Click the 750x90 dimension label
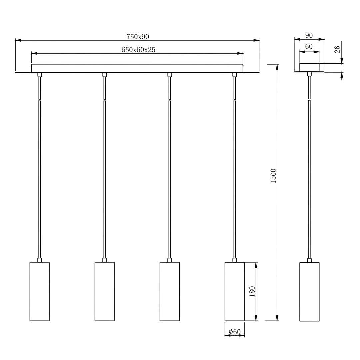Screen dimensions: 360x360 tap(138, 37)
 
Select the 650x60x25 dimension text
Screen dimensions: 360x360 tap(138, 50)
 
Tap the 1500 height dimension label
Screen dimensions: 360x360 tap(273, 176)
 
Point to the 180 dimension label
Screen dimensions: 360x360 tap(252, 291)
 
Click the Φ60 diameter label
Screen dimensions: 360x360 tap(235, 332)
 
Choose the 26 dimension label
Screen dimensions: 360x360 tap(337, 49)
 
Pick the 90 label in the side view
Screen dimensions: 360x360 tap(309, 35)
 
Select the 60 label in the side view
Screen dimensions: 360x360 tap(309, 47)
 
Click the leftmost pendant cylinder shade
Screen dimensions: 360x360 tap(39, 291)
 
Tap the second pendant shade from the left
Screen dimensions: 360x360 tap(105, 291)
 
